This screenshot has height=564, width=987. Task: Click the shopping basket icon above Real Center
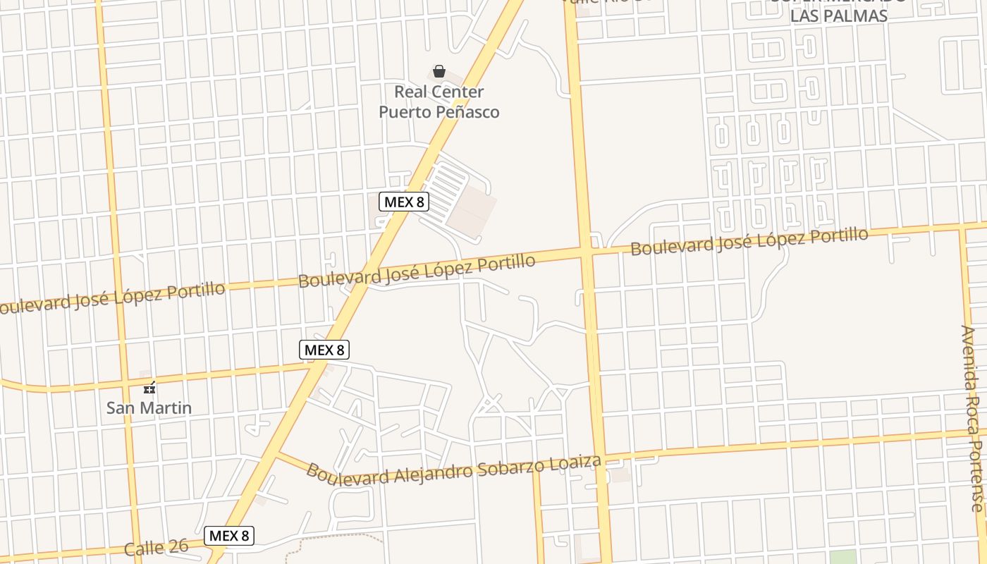[x=439, y=71]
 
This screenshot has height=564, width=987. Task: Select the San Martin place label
[x=149, y=407]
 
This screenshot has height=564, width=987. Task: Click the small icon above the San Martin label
[x=149, y=387]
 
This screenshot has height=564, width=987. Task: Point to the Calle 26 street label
[x=157, y=548]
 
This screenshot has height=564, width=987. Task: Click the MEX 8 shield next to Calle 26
[x=229, y=536]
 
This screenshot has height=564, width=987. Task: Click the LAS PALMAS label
[x=838, y=16]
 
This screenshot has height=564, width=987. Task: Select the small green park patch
[x=845, y=556]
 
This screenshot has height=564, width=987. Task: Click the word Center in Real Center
[x=458, y=92]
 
